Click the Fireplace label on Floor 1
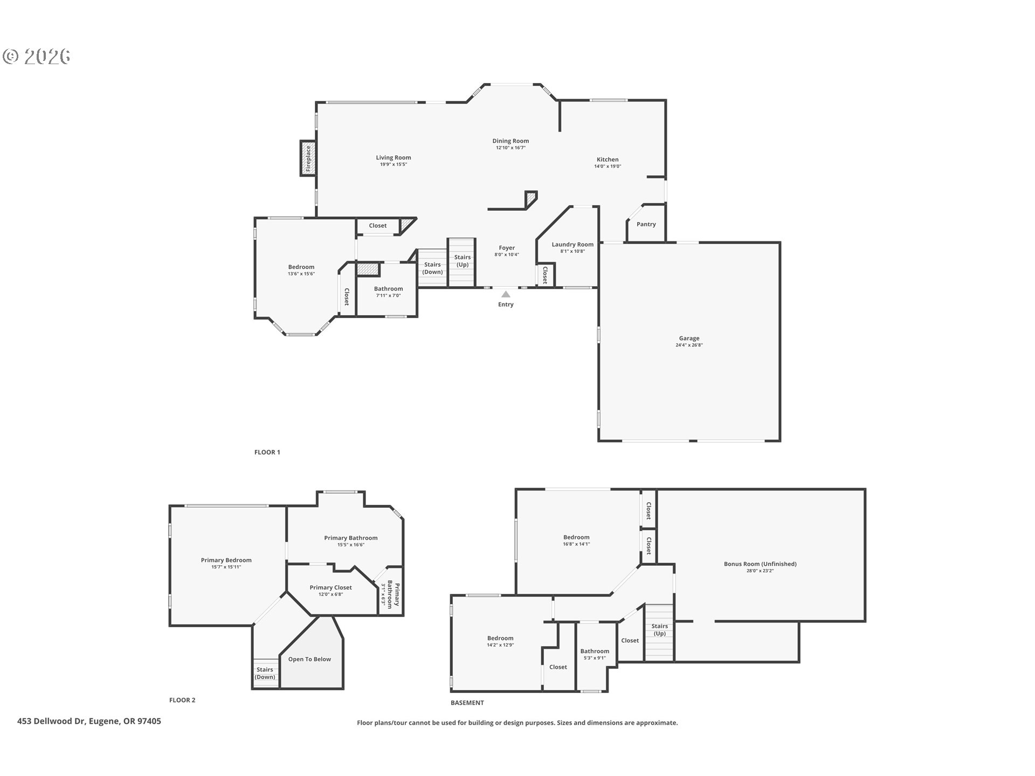[x=308, y=158]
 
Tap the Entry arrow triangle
[x=506, y=294]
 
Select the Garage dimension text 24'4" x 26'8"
[x=689, y=345]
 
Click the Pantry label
[x=646, y=224]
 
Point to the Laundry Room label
[x=572, y=244]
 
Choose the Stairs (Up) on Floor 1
[x=463, y=261]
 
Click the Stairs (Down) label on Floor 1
[x=432, y=268]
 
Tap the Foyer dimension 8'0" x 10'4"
[x=507, y=254]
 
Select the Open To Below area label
[x=309, y=659]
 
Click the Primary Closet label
[x=330, y=587]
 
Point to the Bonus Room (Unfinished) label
[x=760, y=564]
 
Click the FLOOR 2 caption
[x=182, y=700]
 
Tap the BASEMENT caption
[x=467, y=703]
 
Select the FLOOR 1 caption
[x=267, y=452]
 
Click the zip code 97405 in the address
[x=149, y=721]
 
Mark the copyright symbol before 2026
[x=11, y=57]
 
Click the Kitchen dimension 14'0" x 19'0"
[x=608, y=167]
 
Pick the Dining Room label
[x=510, y=141]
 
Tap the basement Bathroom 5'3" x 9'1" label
[x=595, y=654]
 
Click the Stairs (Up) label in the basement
[x=660, y=629]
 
